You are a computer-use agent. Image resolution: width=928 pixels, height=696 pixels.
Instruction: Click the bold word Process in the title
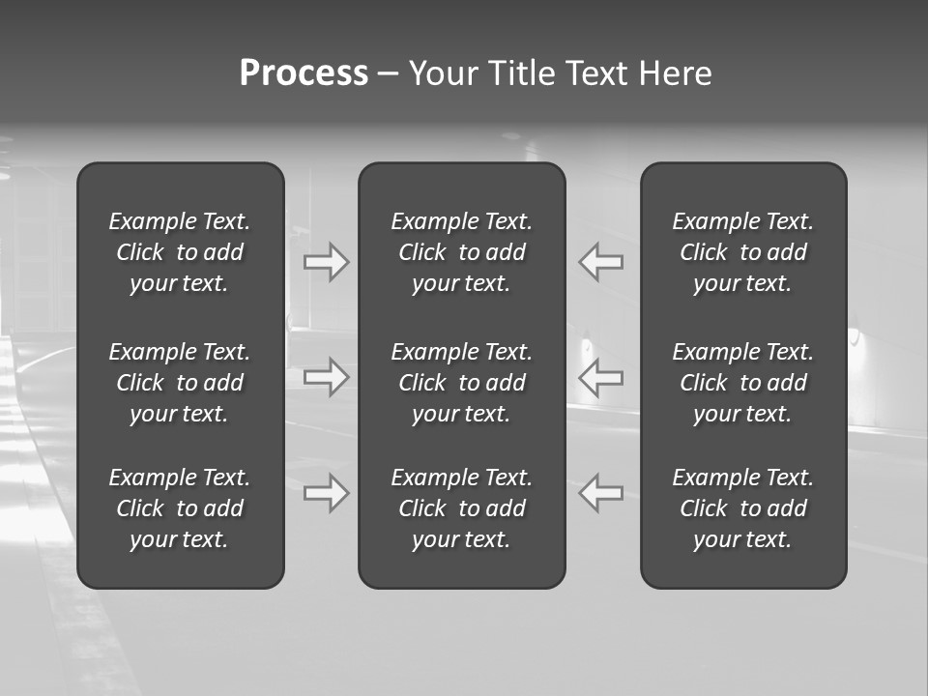[x=304, y=73]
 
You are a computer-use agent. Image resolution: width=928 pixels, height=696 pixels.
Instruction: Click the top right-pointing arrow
[x=327, y=261]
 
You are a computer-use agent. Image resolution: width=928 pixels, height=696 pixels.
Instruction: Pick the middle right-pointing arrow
[x=327, y=377]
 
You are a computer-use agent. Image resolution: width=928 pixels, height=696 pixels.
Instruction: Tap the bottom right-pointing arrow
[x=327, y=493]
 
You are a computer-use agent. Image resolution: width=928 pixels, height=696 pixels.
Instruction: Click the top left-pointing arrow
[x=600, y=261]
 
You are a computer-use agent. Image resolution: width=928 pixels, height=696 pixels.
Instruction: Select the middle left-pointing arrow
[x=600, y=377]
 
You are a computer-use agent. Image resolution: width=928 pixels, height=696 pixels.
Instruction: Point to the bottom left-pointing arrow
[x=600, y=493]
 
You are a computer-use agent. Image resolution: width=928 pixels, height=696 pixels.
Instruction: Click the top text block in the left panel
[x=180, y=252]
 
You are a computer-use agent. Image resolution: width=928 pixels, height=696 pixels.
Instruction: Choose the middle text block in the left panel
[x=180, y=383]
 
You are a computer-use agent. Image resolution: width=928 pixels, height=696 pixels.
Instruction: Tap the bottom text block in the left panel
[x=180, y=508]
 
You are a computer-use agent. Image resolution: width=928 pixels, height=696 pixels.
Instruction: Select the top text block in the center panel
[x=462, y=252]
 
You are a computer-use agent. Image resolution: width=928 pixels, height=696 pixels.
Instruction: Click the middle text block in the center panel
[x=462, y=383]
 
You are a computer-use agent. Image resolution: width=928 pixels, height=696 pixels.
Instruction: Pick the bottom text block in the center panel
[x=462, y=508]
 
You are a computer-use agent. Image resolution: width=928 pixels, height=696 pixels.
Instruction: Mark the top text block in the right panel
[x=743, y=252]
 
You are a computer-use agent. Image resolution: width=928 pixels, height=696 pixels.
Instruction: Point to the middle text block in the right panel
[x=743, y=383]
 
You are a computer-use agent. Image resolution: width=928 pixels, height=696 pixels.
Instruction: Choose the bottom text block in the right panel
[x=743, y=508]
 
